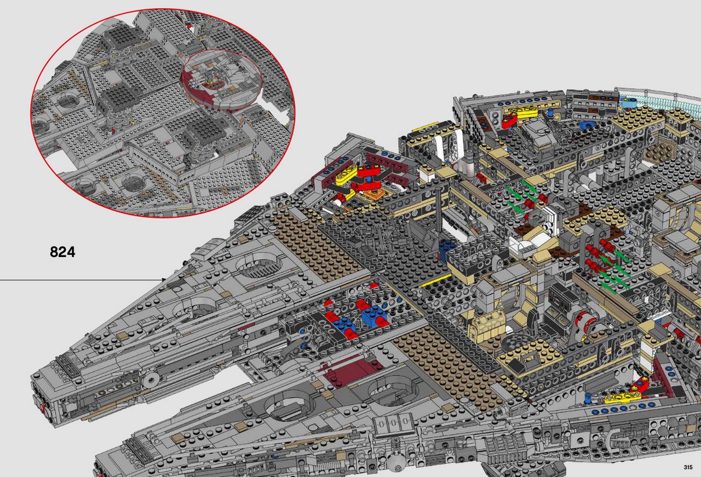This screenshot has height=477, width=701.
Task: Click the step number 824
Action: pyautogui.click(x=62, y=252)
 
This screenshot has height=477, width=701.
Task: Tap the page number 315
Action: pyautogui.click(x=688, y=468)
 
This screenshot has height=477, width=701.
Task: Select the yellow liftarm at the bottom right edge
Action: pyautogui.click(x=623, y=398)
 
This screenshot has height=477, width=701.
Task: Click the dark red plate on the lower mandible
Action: pyautogui.click(x=350, y=373)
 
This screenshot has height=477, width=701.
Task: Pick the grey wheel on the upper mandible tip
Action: pyautogui.click(x=151, y=380)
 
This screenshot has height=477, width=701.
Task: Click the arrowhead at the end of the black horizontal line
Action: pyautogui.click(x=163, y=280)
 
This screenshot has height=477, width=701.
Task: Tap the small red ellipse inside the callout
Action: pyautogui.click(x=214, y=84)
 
